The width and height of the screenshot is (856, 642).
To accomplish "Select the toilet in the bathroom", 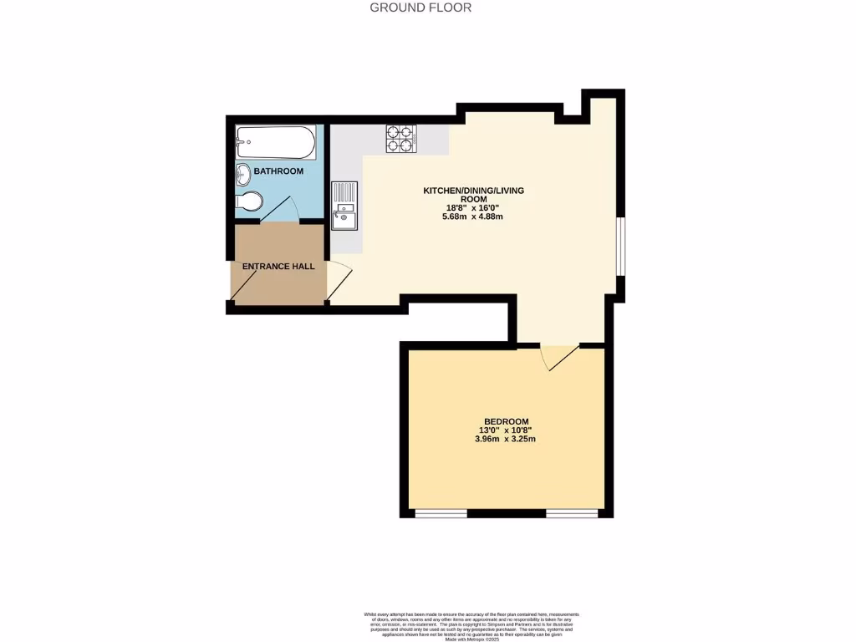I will (249, 201).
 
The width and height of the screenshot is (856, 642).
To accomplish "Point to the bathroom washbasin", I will (243, 175).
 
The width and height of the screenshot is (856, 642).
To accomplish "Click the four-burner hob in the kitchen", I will (401, 138).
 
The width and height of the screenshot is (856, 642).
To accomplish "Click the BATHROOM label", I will (278, 171).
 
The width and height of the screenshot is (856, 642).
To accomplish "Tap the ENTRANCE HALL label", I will (278, 267).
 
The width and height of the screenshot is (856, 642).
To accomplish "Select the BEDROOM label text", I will (507, 420).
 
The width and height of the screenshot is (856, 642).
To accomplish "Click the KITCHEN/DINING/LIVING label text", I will (473, 191).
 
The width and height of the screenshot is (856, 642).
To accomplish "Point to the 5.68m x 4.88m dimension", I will (473, 217).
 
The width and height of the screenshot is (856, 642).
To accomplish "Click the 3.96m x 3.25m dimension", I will (505, 438).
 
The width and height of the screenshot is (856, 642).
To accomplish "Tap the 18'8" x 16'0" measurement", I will (473, 208).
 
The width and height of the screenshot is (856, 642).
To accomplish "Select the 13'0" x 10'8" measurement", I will (506, 430).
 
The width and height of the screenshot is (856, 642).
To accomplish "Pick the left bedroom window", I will (441, 512).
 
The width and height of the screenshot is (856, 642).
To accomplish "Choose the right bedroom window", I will (572, 512).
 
